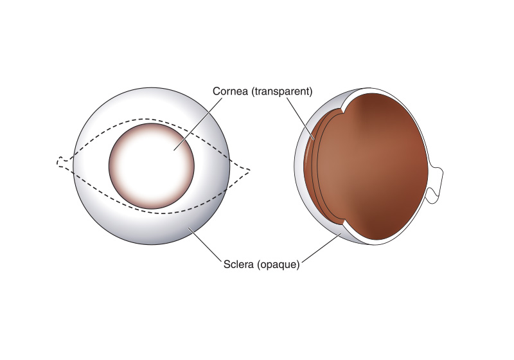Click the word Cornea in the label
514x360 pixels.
point(230,91)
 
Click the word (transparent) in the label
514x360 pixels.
point(282,91)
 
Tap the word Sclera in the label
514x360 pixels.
point(238,264)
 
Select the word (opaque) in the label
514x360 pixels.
point(278,265)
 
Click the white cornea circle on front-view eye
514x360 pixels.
point(152,166)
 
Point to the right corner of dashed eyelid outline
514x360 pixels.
point(250,170)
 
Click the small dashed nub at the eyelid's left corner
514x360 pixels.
point(61,161)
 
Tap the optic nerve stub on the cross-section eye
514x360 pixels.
point(436,185)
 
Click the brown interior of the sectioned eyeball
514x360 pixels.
point(371,167)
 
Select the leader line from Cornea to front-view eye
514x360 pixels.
point(198,124)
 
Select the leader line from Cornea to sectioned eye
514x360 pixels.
point(301,118)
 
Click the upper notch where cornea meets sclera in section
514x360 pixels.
point(342,111)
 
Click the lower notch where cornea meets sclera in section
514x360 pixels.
point(342,224)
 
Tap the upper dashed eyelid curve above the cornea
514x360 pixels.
point(152,119)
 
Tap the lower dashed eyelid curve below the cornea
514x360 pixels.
point(157,213)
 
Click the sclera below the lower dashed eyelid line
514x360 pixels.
point(152,229)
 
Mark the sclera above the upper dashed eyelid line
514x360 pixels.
point(152,104)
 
